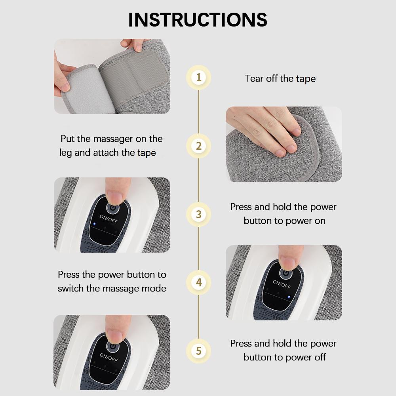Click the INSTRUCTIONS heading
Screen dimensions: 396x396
tap(198, 19)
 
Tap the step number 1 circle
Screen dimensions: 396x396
tap(199, 77)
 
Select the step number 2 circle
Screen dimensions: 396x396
tap(199, 146)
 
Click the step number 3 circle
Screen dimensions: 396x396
tap(199, 214)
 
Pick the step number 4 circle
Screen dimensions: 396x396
tap(199, 283)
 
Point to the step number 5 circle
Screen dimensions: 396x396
tap(199, 351)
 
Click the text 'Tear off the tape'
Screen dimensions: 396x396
tap(280, 78)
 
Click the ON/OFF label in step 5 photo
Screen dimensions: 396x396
tap(109, 357)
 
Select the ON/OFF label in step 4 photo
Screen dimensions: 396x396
tap(282, 284)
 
